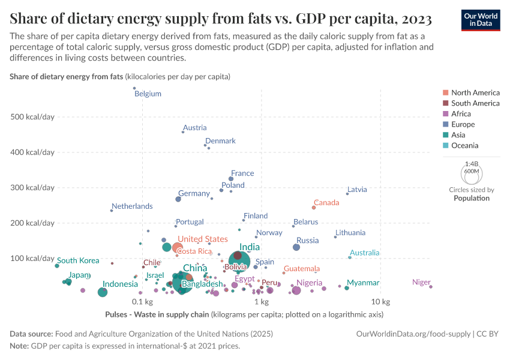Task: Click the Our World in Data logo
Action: (480, 19)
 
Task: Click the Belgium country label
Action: (148, 94)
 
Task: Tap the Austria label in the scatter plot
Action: (194, 127)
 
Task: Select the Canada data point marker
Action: (314, 208)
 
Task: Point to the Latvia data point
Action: (347, 194)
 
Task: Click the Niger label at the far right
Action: (421, 282)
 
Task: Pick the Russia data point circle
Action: (296, 247)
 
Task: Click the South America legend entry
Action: (475, 103)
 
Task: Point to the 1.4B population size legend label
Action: (472, 163)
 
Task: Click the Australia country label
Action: (364, 253)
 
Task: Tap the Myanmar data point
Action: (347, 288)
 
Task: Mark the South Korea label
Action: (78, 260)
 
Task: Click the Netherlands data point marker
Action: (112, 210)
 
